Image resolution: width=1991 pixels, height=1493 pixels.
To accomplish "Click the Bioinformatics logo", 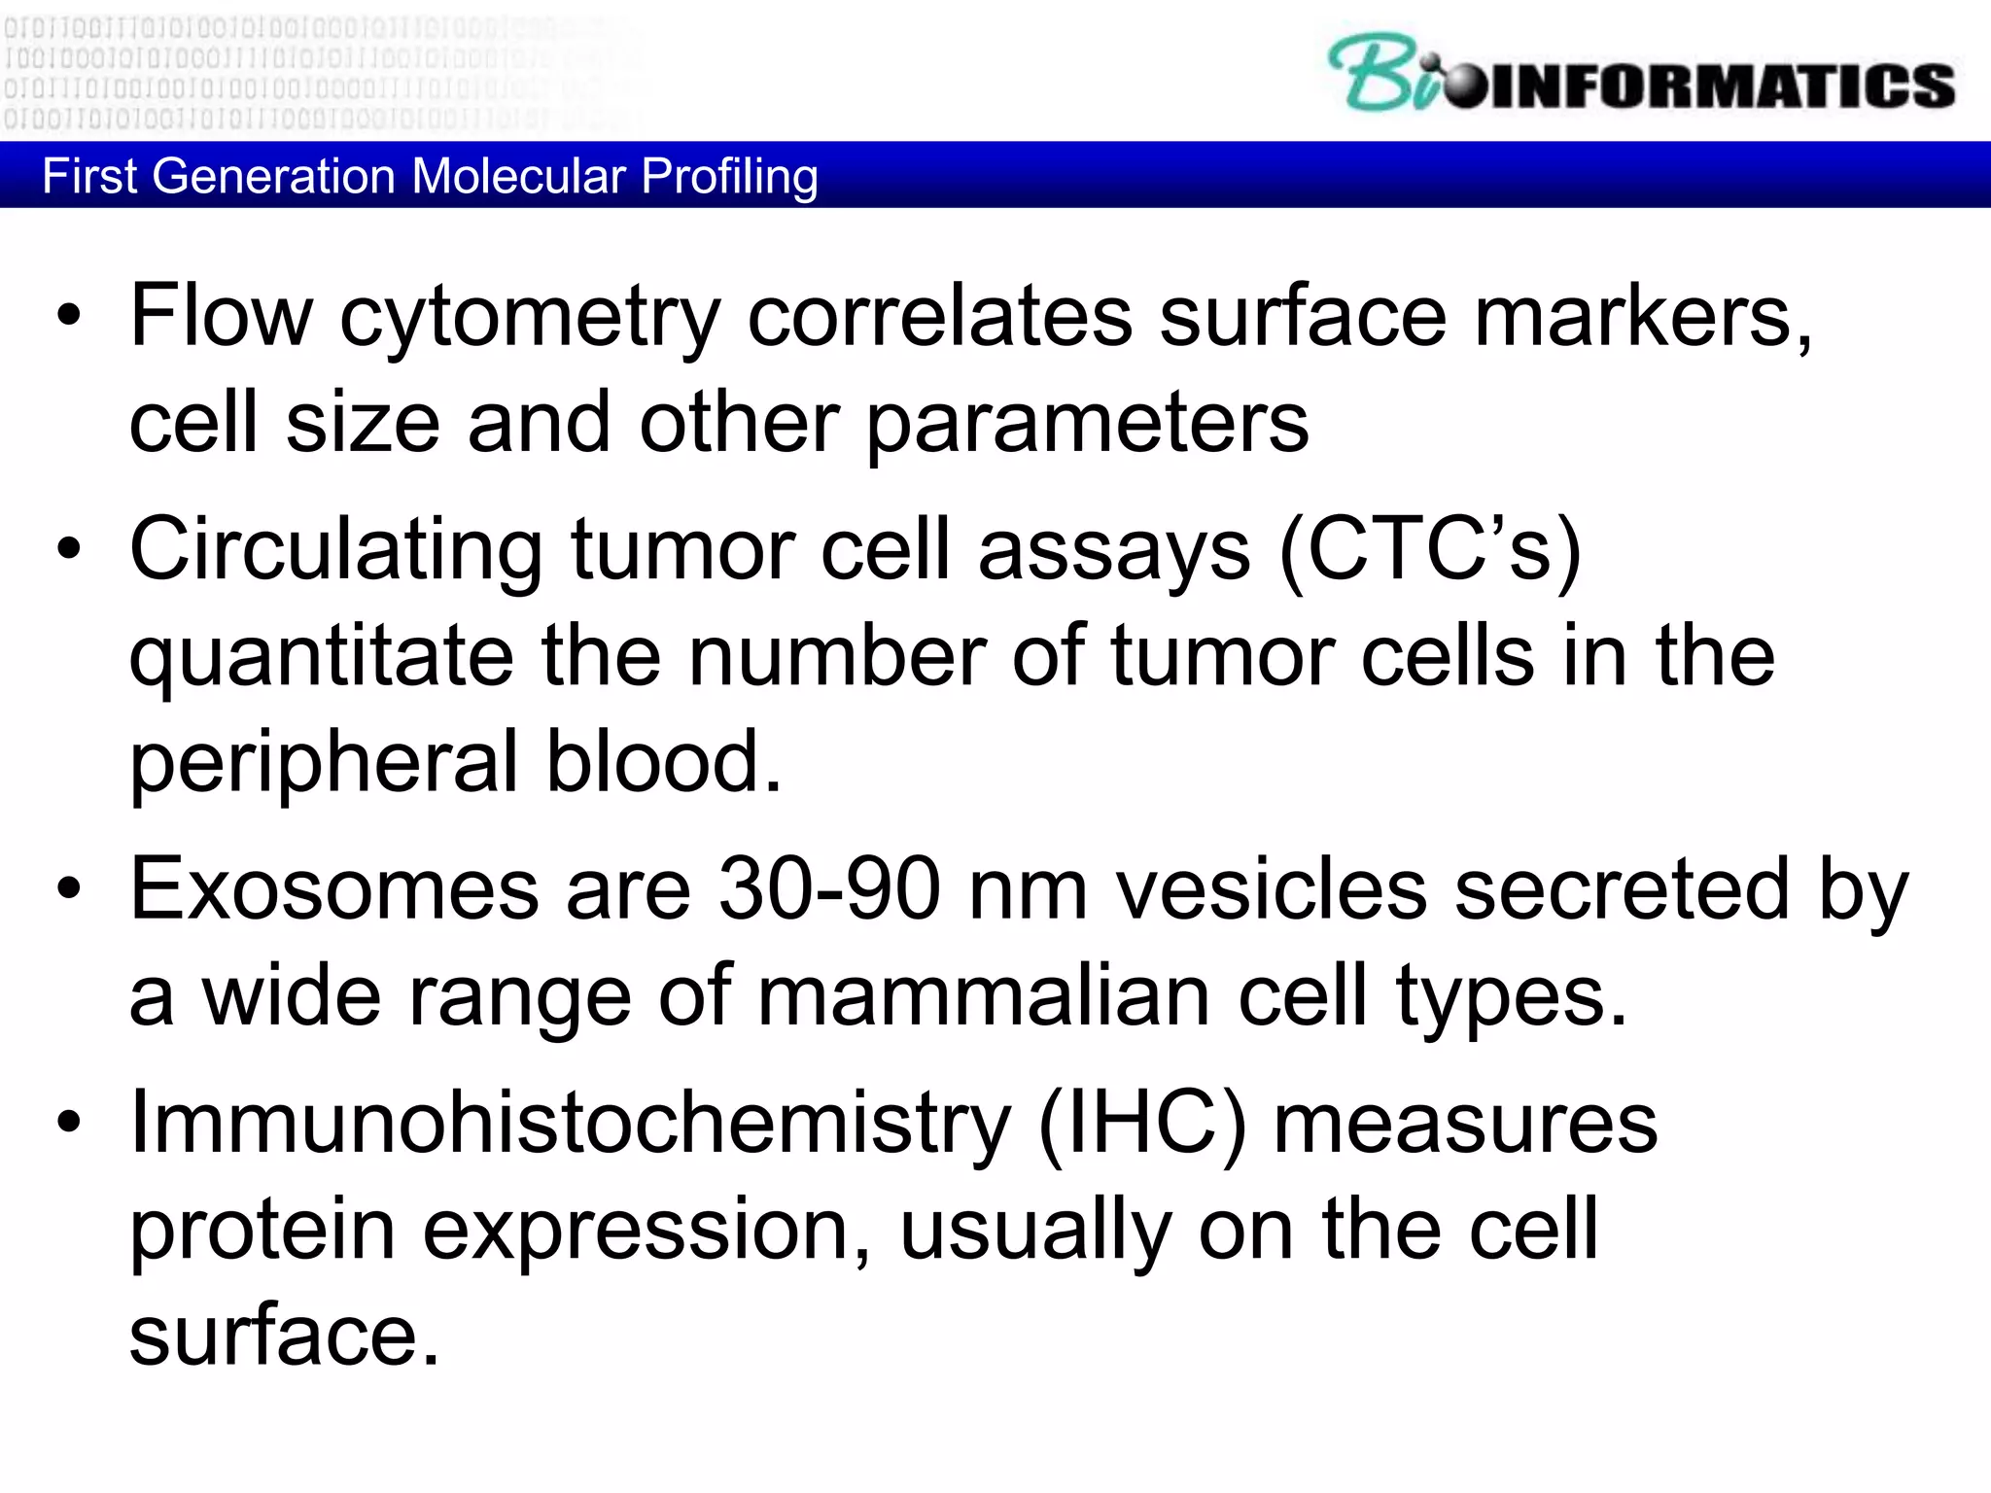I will tap(1641, 74).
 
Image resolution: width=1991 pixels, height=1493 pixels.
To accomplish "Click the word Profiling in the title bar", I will tap(729, 177).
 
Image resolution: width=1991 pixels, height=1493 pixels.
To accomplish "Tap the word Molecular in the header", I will tap(518, 177).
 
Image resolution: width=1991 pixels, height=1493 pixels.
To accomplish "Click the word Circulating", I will tap(335, 551).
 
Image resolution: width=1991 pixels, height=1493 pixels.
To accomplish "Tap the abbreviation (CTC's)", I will tap(1430, 551).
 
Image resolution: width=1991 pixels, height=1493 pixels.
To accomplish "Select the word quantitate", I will tap(321, 658).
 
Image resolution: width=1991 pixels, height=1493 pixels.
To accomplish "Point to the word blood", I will tap(663, 761).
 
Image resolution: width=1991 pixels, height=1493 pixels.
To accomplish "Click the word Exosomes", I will tap(334, 888).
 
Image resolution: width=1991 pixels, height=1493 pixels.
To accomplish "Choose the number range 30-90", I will tap(829, 888).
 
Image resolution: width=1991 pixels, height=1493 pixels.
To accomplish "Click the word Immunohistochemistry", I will tap(571, 1123).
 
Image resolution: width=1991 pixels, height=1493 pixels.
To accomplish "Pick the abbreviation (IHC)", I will tap(1142, 1123).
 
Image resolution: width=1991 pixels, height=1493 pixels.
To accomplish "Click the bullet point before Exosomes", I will tap(69, 888).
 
